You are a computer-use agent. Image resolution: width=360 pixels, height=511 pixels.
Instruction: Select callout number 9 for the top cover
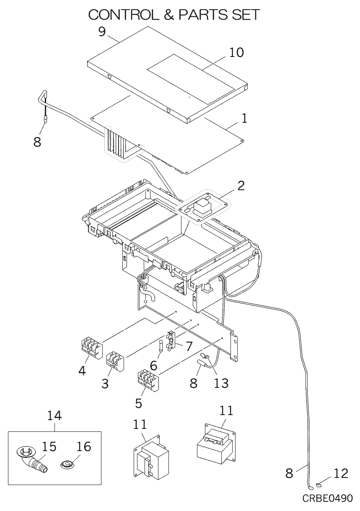102,32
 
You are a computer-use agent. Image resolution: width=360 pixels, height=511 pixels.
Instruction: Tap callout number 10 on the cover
236,52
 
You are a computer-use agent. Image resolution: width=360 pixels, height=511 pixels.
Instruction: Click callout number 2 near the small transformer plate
241,186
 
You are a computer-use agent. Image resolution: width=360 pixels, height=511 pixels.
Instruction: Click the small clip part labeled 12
319,485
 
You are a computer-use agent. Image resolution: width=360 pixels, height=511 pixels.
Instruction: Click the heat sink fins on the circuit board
116,142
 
